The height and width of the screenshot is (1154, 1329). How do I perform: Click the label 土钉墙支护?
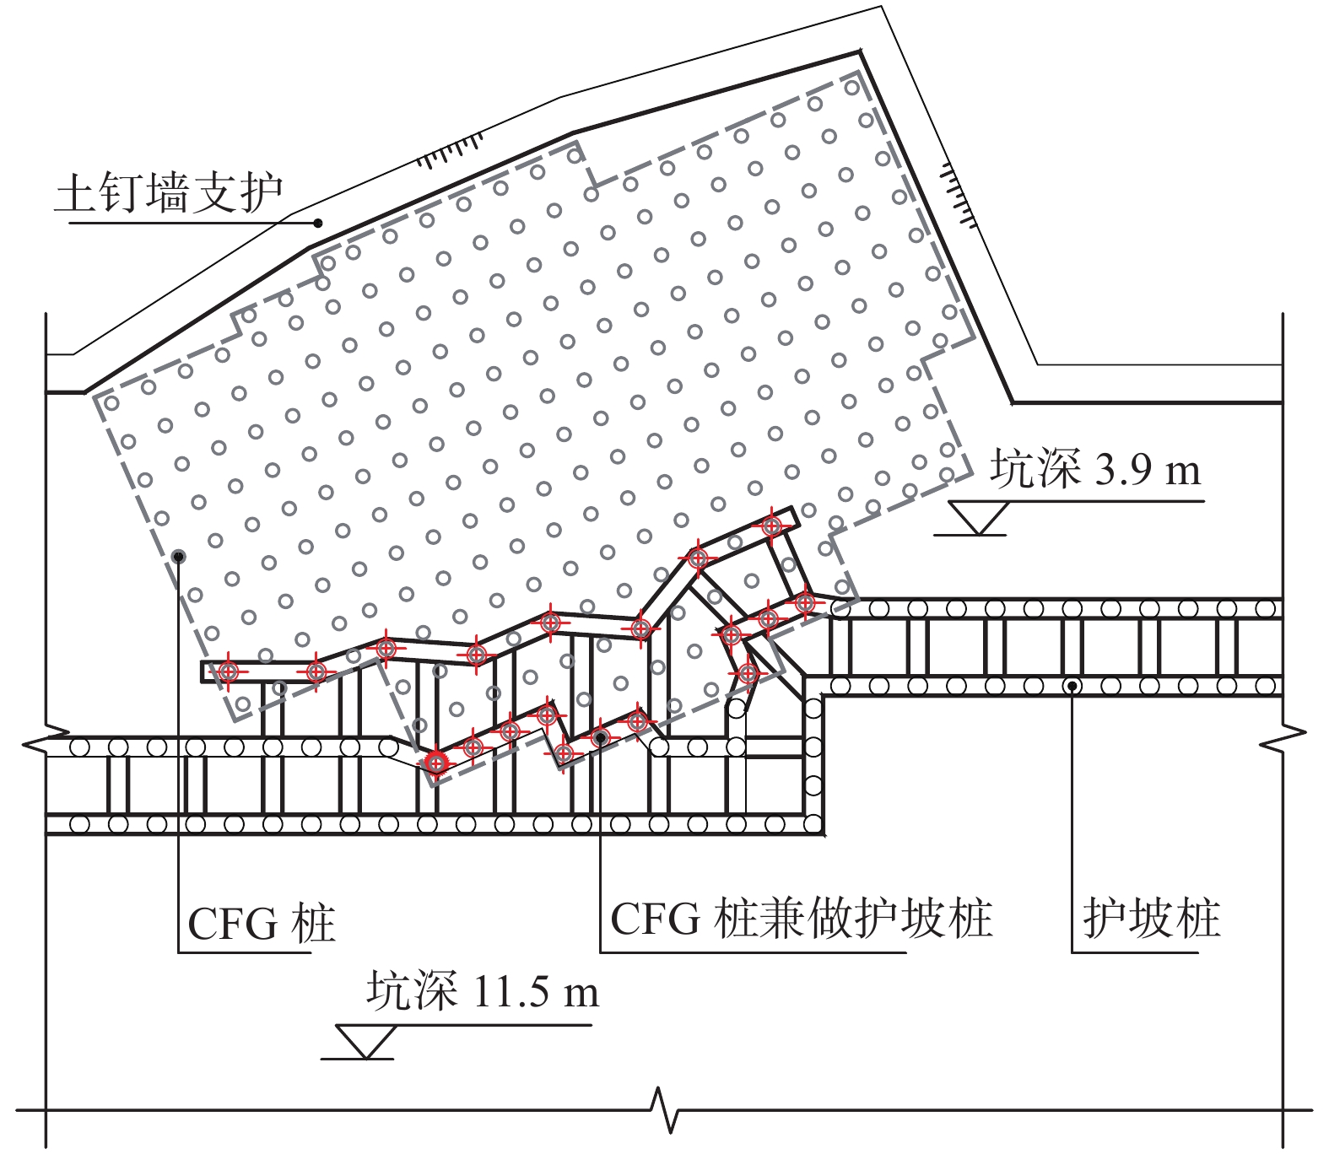(169, 194)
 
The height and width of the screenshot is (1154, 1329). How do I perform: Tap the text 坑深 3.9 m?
(1095, 469)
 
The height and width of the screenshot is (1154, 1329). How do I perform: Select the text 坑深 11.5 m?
(483, 990)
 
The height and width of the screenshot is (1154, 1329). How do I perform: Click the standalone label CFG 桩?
(261, 924)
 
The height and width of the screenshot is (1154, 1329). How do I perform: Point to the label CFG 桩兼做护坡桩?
(800, 919)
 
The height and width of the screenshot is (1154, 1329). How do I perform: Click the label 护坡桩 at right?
(1151, 919)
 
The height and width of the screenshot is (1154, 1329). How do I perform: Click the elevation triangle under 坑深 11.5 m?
(365, 1041)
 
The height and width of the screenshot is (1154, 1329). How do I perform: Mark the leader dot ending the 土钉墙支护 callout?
(318, 224)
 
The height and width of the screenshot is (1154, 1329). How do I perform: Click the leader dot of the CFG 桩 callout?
(178, 556)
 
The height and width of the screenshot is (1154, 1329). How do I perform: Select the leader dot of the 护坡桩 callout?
(1072, 686)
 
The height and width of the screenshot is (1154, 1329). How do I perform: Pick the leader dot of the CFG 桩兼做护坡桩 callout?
(600, 738)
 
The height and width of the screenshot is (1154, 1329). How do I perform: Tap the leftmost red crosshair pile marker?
(228, 671)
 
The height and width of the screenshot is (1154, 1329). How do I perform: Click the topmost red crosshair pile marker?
(771, 526)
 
